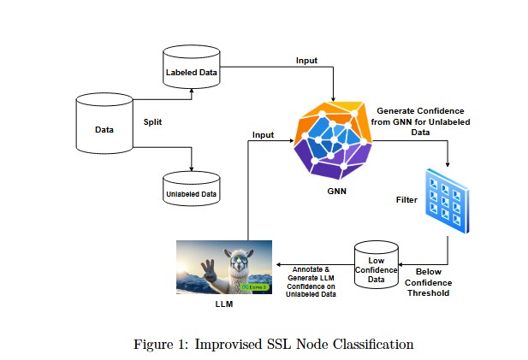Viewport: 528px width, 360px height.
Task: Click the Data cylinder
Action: (104, 128)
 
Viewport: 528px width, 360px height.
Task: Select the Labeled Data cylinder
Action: (191, 73)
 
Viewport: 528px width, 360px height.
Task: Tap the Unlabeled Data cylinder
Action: (191, 192)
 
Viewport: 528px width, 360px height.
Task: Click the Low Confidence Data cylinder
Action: (377, 269)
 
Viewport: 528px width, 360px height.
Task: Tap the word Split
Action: (153, 121)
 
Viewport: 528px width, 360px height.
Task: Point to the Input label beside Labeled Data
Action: (307, 61)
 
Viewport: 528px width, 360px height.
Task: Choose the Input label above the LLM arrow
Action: (264, 135)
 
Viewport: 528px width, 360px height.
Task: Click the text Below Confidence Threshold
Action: (426, 282)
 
